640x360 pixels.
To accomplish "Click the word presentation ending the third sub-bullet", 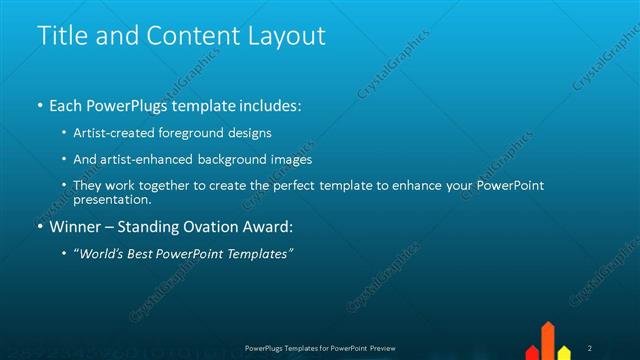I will coord(111,199).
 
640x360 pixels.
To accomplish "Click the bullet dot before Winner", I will coord(41,227).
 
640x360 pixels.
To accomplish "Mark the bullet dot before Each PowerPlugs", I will coord(41,105).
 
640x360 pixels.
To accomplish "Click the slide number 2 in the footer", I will coord(590,348).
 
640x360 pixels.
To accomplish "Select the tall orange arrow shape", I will coord(548,341).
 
